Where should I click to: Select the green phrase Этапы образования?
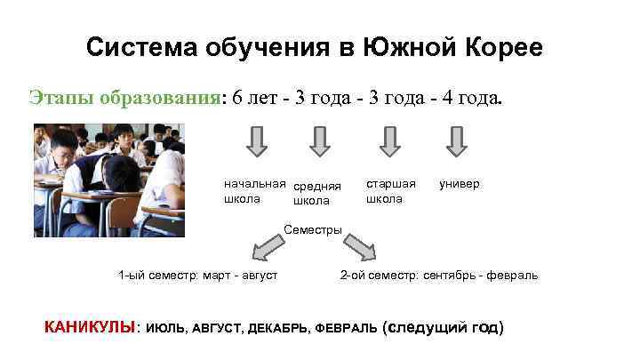[x=124, y=97]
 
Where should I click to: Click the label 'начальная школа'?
[x=254, y=191]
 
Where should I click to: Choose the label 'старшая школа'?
[x=390, y=191]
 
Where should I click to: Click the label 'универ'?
[x=459, y=184]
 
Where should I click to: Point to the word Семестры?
[x=313, y=230]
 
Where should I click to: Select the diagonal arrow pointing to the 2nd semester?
[x=360, y=245]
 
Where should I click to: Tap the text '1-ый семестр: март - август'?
[x=198, y=276]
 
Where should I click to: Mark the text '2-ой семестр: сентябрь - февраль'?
[x=439, y=276]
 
